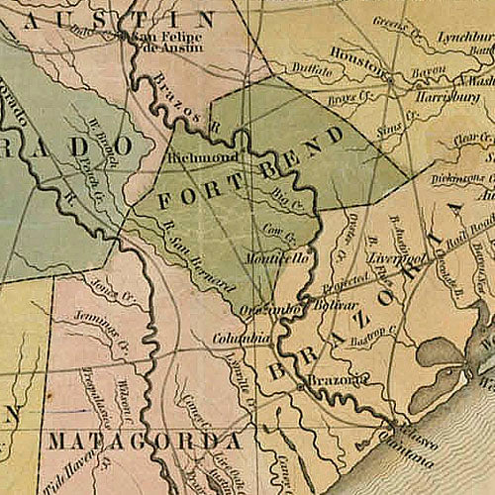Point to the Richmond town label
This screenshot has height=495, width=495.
pos(203,157)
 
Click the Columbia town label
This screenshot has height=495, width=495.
pos(243,339)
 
